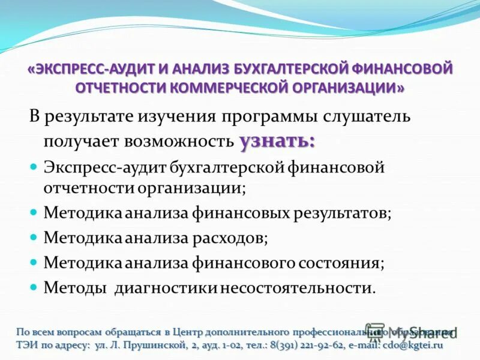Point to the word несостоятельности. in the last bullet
click(x=298, y=287)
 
